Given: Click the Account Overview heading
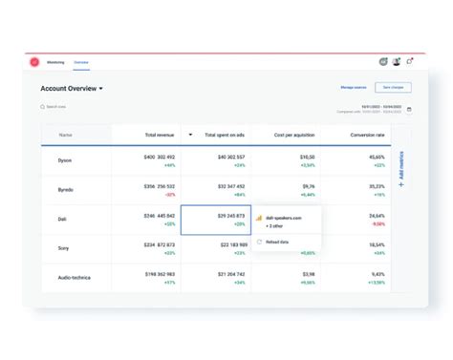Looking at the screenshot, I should (70, 88).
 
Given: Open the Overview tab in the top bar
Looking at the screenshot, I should (81, 62).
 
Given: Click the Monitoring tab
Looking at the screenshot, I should (56, 62).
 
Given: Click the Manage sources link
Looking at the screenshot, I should (354, 87).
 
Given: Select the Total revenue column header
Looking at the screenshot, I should (159, 135).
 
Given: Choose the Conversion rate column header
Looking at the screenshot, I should (367, 135).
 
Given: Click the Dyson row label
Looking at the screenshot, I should (65, 159).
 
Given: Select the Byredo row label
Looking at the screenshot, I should (65, 189).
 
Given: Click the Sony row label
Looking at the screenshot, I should (64, 247).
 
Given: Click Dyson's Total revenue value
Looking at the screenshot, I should (161, 156).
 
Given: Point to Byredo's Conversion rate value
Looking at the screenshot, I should (377, 186).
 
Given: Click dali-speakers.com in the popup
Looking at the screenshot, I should (284, 218).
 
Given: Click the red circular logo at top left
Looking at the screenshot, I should (34, 62).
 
